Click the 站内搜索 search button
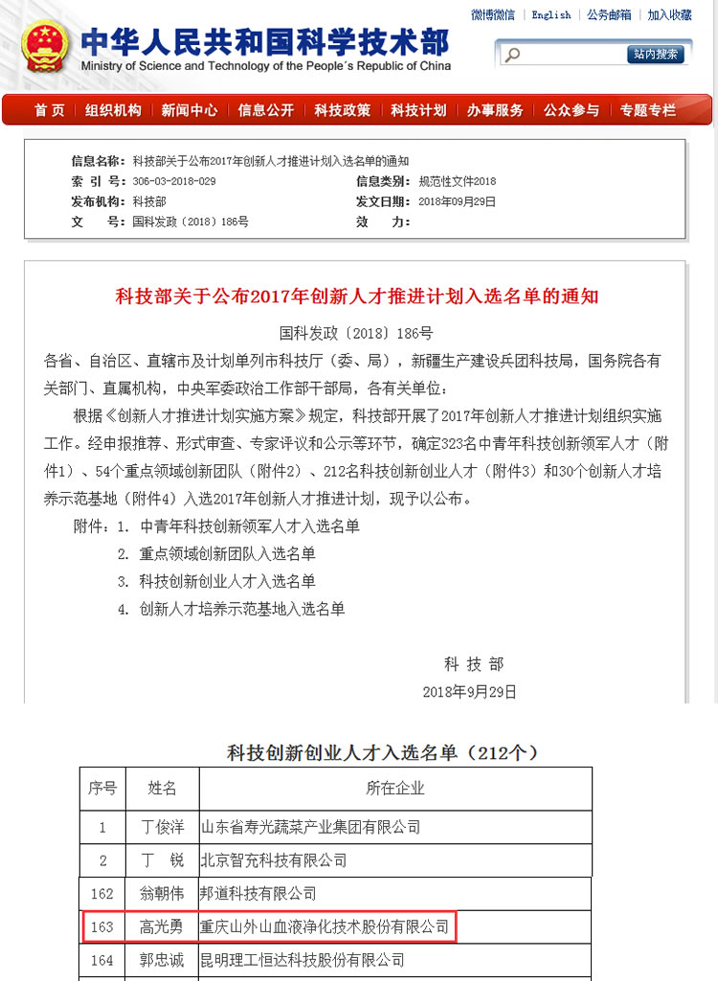tap(656, 55)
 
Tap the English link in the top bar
tap(550, 14)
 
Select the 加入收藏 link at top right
tap(669, 14)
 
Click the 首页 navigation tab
tap(49, 110)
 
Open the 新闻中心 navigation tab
tap(190, 110)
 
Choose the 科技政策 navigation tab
tap(342, 110)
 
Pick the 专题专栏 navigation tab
tap(647, 110)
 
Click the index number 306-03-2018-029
tap(174, 181)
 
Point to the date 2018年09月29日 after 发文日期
tap(458, 201)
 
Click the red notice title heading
tap(357, 296)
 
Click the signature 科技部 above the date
tap(473, 664)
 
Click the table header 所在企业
tap(394, 789)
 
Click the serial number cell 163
tap(102, 926)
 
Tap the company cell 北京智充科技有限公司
tap(273, 860)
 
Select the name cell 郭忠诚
tap(162, 959)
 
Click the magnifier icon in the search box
tap(512, 55)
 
